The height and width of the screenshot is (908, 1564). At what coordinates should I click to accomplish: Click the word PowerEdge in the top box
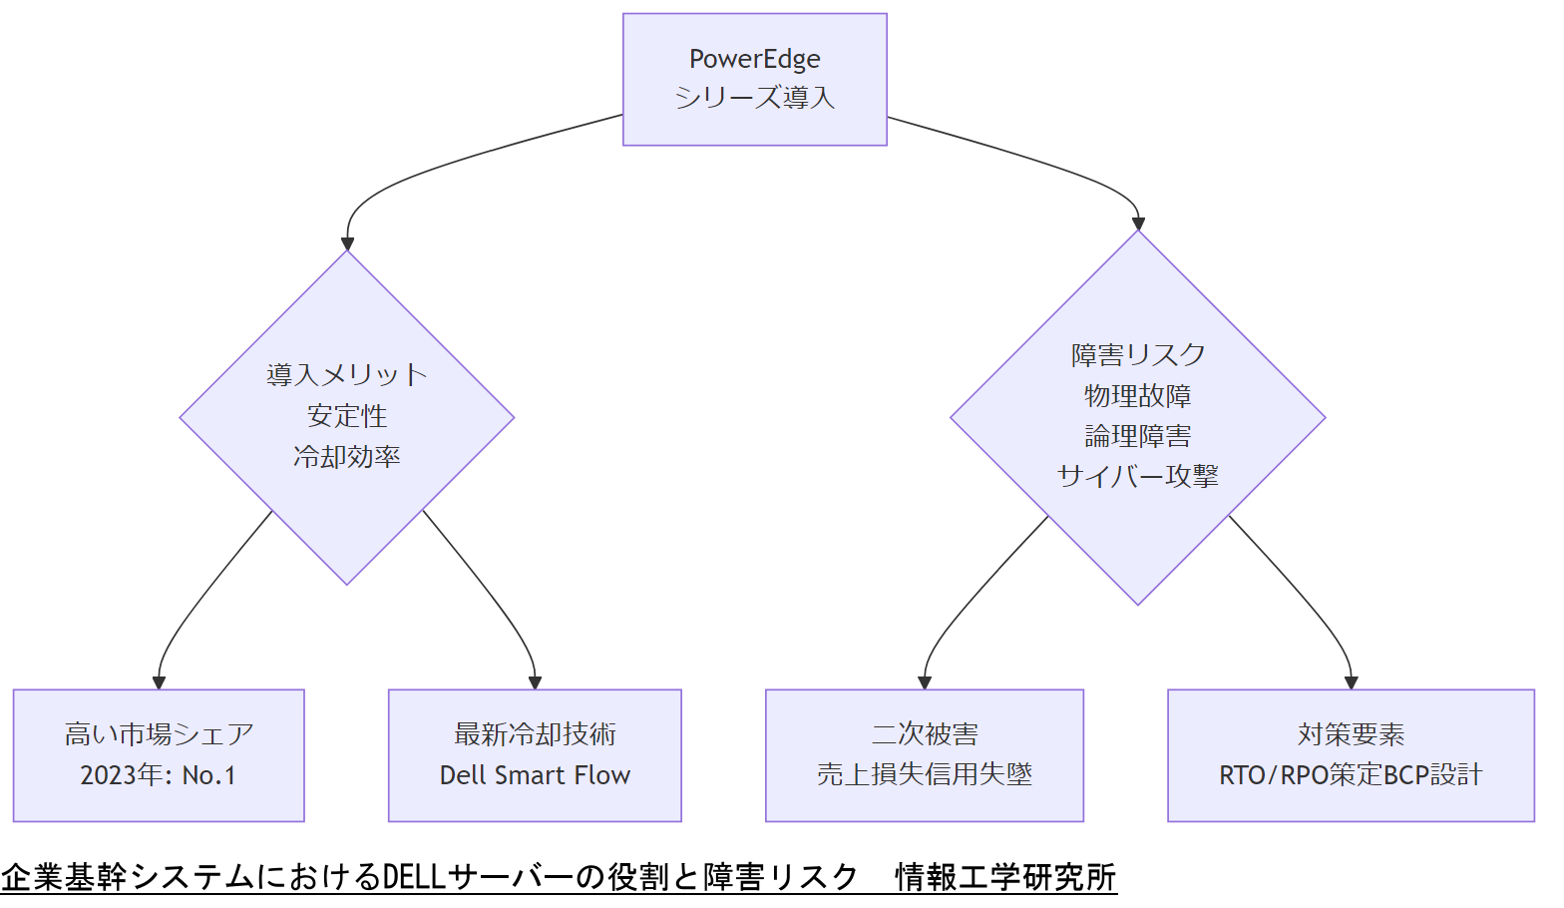click(x=754, y=60)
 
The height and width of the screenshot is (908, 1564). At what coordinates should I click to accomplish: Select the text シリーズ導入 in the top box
click(x=754, y=98)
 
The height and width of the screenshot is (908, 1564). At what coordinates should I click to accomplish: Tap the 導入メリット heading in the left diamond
click(x=346, y=375)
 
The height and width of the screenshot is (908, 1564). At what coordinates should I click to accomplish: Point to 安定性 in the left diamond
click(x=346, y=416)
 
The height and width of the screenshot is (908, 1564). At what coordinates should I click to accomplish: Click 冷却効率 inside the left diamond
click(x=346, y=457)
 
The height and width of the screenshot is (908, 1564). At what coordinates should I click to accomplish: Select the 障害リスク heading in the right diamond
click(x=1137, y=355)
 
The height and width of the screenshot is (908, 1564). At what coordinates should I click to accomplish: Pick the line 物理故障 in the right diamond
click(x=1137, y=396)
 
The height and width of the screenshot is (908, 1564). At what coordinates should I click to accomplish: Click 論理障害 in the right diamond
click(x=1137, y=436)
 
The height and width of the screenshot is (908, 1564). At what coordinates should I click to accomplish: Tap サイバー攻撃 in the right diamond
click(x=1137, y=477)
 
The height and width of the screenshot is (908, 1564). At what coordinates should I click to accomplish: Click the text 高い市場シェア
click(x=159, y=735)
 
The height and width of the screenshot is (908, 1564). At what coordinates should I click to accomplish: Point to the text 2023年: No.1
click(x=159, y=775)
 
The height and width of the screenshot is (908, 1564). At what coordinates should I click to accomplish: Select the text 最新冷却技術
click(x=535, y=735)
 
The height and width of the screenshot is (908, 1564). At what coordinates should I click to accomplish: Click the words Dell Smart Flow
click(x=535, y=775)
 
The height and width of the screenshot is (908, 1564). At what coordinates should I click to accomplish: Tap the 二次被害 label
click(x=924, y=735)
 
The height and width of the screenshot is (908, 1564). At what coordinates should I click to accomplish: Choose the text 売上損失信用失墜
click(x=924, y=775)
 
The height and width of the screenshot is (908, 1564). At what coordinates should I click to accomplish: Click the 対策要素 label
click(x=1351, y=735)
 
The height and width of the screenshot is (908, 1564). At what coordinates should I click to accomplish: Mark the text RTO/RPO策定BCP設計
click(x=1351, y=775)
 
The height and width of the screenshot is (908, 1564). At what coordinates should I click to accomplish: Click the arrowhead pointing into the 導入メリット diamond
click(x=347, y=242)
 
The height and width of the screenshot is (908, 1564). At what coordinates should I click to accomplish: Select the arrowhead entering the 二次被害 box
click(x=924, y=682)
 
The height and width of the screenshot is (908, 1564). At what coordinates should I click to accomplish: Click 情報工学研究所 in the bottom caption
click(x=1005, y=877)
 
